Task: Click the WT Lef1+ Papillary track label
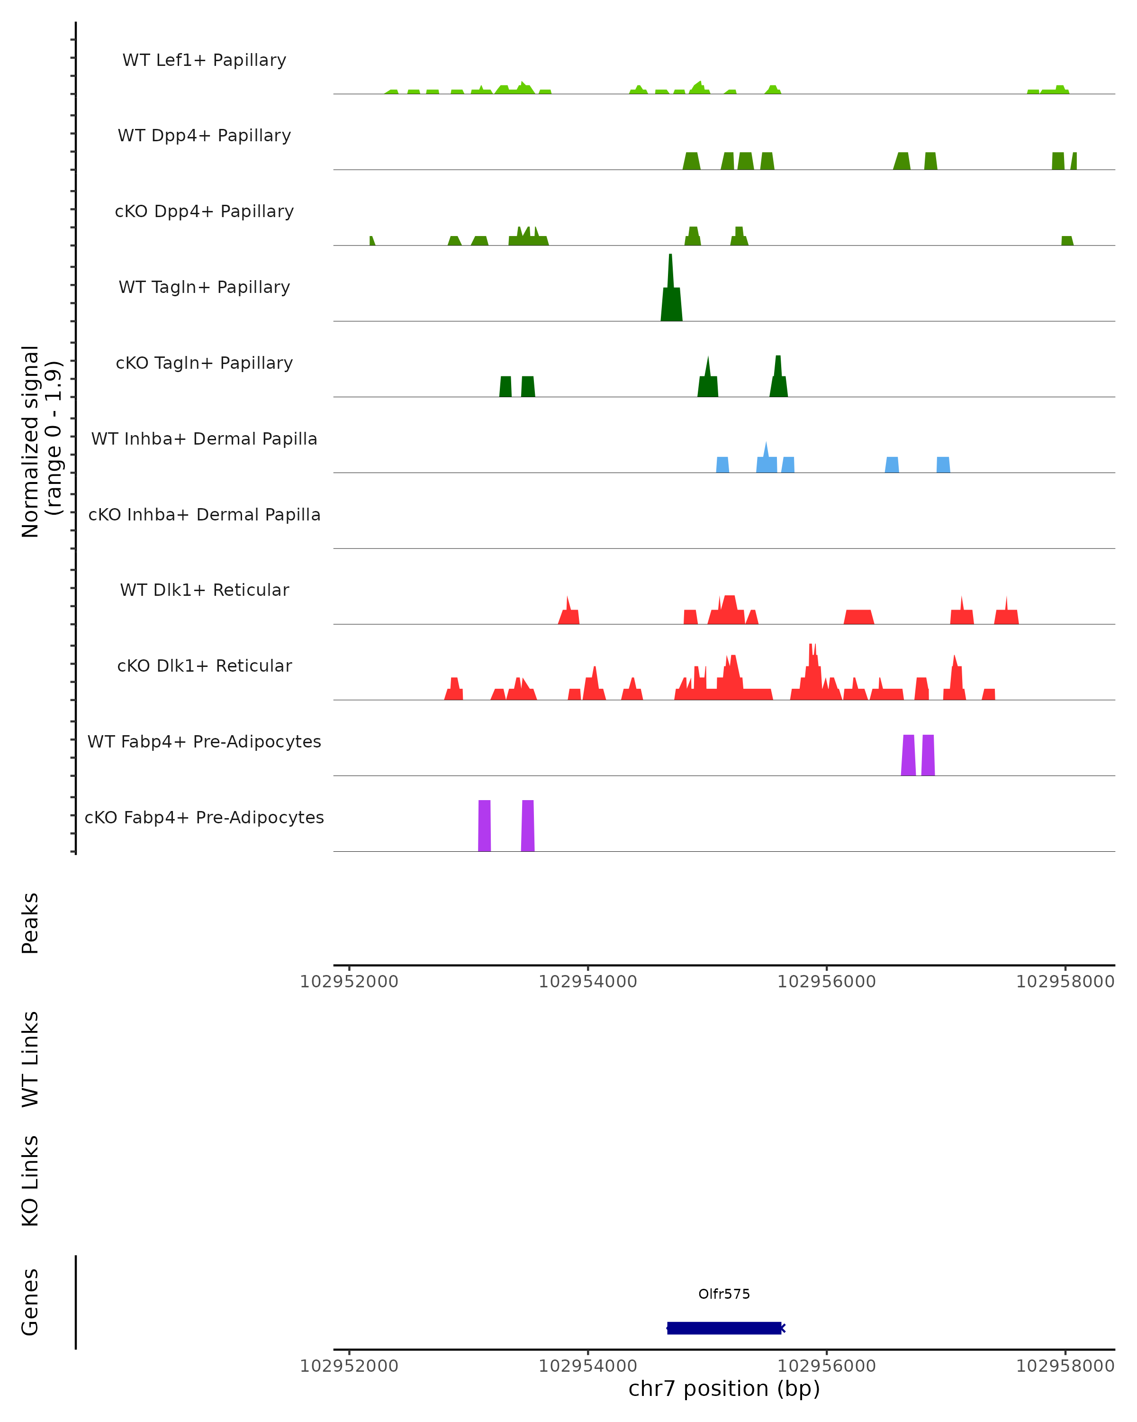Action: point(204,60)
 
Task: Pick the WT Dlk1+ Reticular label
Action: point(204,590)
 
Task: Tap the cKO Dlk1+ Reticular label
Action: point(204,665)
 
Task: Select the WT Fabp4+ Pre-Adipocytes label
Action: point(204,741)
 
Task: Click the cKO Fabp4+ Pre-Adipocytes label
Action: point(204,817)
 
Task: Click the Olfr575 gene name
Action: point(724,1294)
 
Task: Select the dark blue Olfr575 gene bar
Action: point(724,1328)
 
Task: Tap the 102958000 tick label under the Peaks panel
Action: point(1065,982)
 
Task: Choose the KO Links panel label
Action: point(30,1181)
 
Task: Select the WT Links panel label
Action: point(30,1058)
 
